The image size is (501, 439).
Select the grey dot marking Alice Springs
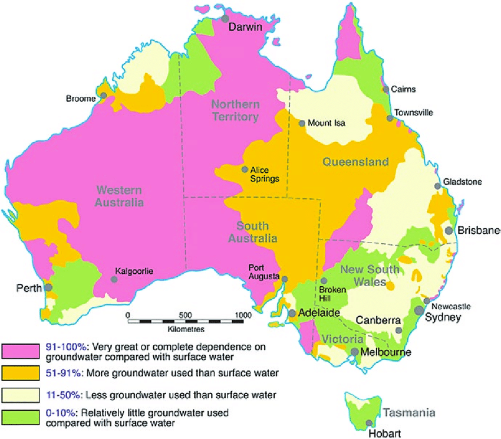coord(245,169)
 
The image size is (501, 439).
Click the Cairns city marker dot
coord(386,89)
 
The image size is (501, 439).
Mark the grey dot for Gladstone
coord(437,186)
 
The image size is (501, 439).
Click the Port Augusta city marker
coord(285,279)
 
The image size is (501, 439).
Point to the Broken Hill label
coord(329,293)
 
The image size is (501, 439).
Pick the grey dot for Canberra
coord(398,331)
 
